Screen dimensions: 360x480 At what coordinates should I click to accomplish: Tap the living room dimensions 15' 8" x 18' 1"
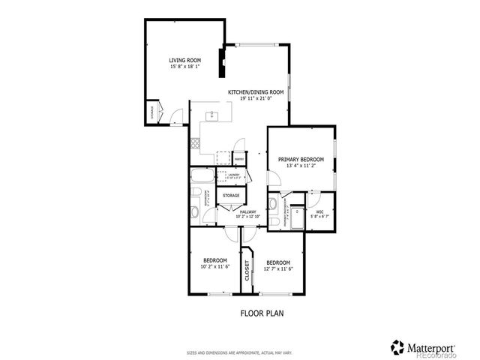[184, 67]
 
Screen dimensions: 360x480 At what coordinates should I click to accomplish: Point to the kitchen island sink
[212, 115]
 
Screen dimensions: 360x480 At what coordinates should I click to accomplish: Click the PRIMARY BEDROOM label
[301, 159]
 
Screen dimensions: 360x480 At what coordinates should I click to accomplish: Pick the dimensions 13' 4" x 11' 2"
[301, 166]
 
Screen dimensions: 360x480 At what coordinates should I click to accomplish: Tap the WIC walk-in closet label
[319, 211]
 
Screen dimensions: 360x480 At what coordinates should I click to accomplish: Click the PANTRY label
[238, 159]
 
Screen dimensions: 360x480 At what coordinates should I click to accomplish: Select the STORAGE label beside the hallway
[231, 195]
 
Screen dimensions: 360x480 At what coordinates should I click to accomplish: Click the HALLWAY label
[247, 211]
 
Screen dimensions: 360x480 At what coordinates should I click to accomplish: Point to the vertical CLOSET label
[247, 271]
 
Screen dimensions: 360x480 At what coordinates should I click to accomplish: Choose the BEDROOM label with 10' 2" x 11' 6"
[214, 260]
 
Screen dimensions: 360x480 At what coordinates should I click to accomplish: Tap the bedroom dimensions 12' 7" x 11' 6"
[279, 269]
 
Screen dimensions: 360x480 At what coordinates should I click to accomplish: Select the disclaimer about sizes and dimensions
[239, 351]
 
